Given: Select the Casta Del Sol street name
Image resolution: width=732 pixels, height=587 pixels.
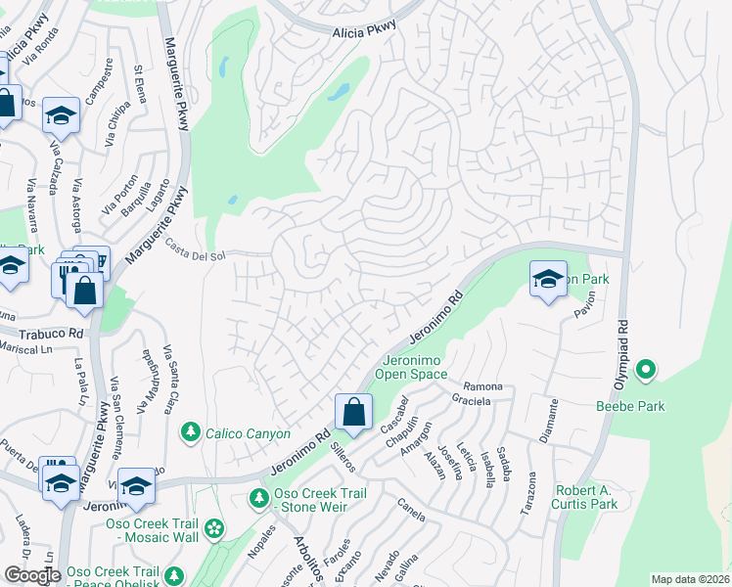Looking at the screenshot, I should (x=195, y=255).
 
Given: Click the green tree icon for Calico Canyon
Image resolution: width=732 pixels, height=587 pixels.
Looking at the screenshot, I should (x=191, y=431).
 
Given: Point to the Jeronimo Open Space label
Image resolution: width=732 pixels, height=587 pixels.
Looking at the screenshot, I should (x=414, y=367).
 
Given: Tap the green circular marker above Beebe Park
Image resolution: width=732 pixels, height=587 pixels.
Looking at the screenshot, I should (x=645, y=371).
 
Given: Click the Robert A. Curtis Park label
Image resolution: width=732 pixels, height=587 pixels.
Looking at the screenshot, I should (x=587, y=497).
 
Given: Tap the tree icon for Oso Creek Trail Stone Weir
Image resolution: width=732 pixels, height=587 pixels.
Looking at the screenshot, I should (x=259, y=499).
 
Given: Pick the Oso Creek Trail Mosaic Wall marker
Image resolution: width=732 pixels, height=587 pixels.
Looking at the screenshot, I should (x=214, y=529).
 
